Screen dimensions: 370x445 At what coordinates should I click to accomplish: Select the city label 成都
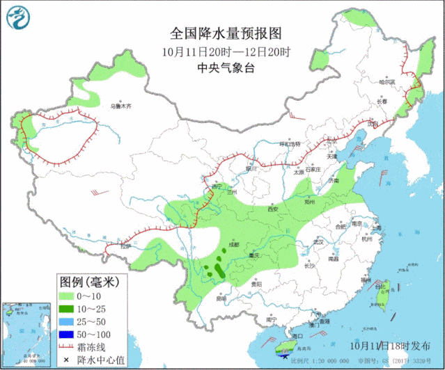click(x=232, y=245)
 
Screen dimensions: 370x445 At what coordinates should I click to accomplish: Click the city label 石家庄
click(x=311, y=169)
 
